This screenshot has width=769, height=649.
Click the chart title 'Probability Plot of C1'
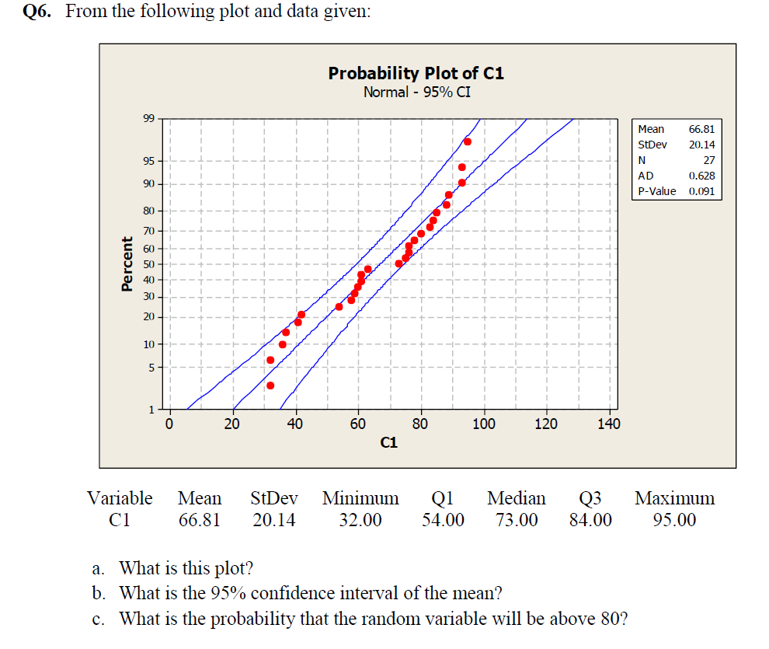point(416,73)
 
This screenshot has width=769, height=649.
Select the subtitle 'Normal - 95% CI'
point(416,92)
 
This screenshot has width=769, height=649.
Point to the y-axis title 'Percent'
point(127,264)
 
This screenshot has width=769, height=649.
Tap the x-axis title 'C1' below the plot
point(388,443)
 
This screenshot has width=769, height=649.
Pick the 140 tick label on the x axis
point(608,424)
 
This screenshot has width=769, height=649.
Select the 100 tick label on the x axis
point(483,424)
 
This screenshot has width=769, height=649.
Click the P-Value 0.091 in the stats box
point(701,191)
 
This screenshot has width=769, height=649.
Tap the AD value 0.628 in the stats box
point(701,176)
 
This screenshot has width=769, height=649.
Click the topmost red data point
point(468,141)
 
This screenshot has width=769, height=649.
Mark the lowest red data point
point(270,386)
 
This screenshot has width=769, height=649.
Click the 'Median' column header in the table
point(517,498)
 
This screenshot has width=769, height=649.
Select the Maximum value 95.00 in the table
point(674,520)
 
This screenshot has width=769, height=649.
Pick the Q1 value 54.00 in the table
point(444,520)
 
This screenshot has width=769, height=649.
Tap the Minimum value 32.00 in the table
point(360,520)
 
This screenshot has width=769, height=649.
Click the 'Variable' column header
point(120,498)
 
